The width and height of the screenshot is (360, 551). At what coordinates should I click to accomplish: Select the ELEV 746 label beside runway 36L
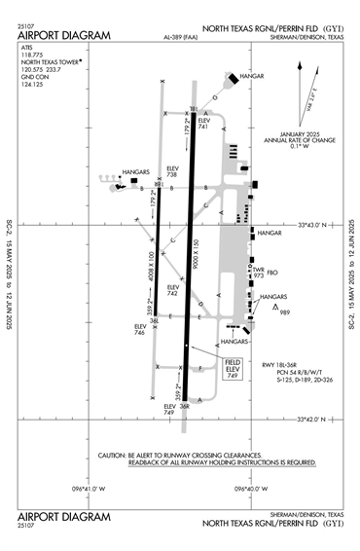(x=140, y=330)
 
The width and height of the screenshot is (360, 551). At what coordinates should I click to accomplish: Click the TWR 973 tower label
(x=259, y=272)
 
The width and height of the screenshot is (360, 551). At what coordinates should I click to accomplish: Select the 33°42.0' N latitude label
(x=317, y=420)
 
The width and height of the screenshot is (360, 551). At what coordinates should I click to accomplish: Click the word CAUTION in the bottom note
(x=114, y=455)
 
